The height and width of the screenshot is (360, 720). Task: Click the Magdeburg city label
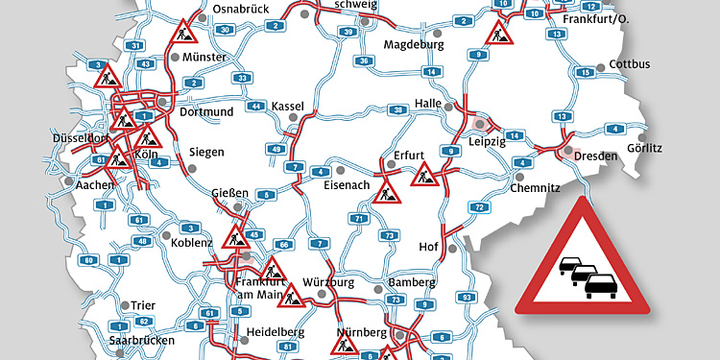414,44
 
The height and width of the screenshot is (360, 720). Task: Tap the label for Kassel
287,105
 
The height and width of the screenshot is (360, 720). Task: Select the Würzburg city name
328,282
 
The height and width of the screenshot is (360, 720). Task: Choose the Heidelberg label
276,331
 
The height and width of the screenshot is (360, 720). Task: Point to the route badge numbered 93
468,299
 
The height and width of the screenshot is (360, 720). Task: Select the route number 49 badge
277,148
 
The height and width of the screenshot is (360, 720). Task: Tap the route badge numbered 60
88,260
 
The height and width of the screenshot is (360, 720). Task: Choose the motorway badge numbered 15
583,72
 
